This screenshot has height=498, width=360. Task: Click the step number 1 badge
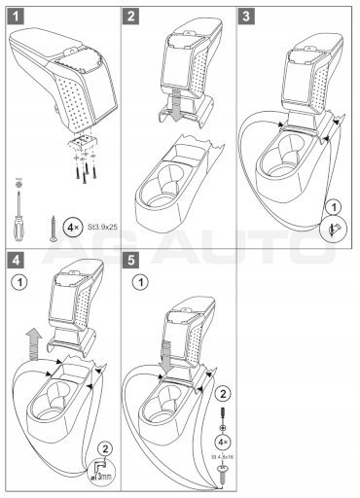(x=17, y=17)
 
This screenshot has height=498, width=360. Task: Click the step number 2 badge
(x=130, y=17)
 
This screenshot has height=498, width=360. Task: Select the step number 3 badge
(x=246, y=17)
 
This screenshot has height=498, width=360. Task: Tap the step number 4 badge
(x=17, y=260)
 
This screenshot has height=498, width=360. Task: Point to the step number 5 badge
(x=130, y=260)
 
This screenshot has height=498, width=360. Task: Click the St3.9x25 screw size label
(x=102, y=227)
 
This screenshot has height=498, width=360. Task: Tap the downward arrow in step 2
(x=177, y=104)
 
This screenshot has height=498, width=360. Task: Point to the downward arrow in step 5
(x=166, y=357)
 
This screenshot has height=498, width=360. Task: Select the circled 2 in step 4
(x=105, y=449)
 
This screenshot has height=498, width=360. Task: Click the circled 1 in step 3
(x=334, y=206)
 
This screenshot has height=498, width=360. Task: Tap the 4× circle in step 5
(x=223, y=442)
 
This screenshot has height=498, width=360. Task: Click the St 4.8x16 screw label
(x=223, y=457)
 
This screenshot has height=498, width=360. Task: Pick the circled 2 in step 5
(x=223, y=394)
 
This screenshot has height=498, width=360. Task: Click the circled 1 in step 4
(x=19, y=282)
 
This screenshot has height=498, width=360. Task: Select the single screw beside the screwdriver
(x=54, y=229)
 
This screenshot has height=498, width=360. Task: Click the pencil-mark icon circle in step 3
(x=334, y=229)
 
